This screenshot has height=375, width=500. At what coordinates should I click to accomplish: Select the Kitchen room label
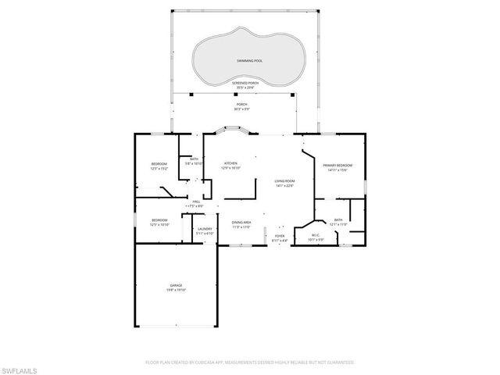point(230,163)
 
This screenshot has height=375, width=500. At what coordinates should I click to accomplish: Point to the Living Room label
point(284,181)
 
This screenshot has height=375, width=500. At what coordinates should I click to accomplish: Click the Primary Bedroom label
point(339,166)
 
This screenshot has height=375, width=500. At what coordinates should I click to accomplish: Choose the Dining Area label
point(241,222)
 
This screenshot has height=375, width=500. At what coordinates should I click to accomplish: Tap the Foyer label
point(280,235)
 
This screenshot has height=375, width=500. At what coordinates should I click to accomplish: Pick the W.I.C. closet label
point(316,235)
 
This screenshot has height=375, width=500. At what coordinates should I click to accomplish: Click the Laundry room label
point(205,229)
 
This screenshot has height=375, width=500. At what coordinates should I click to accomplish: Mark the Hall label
point(195,202)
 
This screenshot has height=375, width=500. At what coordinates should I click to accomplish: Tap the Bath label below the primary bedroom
point(338,220)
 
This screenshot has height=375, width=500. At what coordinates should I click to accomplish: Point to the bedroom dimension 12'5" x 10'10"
point(159,224)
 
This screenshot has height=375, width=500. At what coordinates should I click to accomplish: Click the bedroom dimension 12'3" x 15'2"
point(159,168)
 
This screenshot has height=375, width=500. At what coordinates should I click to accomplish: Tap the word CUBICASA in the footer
point(205,362)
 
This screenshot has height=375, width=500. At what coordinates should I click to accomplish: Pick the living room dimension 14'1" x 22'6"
point(284,186)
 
